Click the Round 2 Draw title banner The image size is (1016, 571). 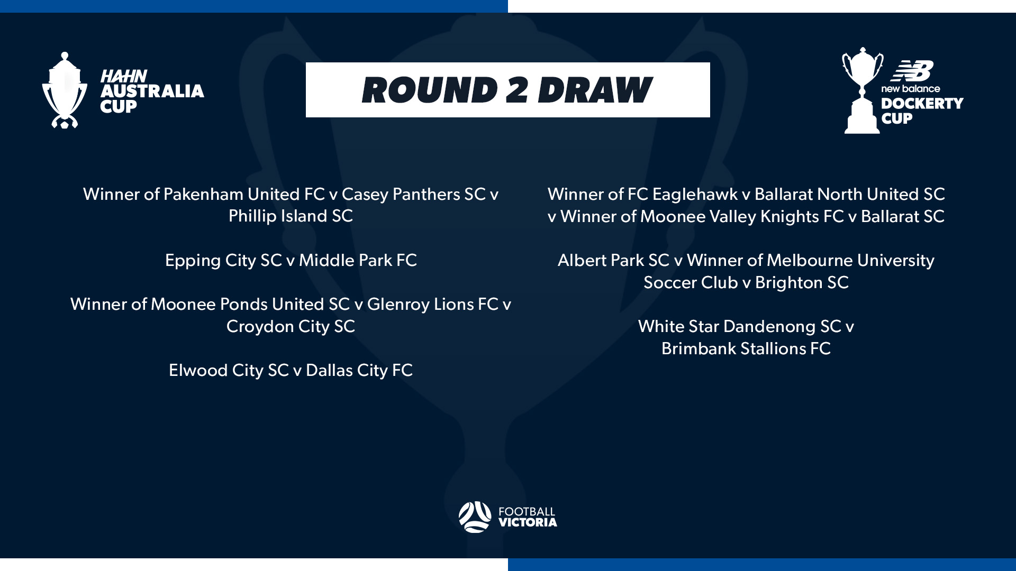(508, 90)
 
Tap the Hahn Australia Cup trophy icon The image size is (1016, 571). (65, 90)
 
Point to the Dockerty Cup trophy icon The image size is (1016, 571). (862, 90)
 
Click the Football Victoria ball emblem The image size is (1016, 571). (475, 517)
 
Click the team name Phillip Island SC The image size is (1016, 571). (291, 216)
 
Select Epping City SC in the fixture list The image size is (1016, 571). (223, 260)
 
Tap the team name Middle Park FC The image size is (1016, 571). (358, 260)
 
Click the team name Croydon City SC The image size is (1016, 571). (291, 326)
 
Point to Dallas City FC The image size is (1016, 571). (359, 370)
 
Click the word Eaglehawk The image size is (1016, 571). (695, 195)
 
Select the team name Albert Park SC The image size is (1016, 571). (614, 260)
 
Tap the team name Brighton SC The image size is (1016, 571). (802, 283)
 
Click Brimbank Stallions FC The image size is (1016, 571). (746, 348)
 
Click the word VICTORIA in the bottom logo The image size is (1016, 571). (528, 522)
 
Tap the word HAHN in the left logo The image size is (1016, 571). (124, 76)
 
